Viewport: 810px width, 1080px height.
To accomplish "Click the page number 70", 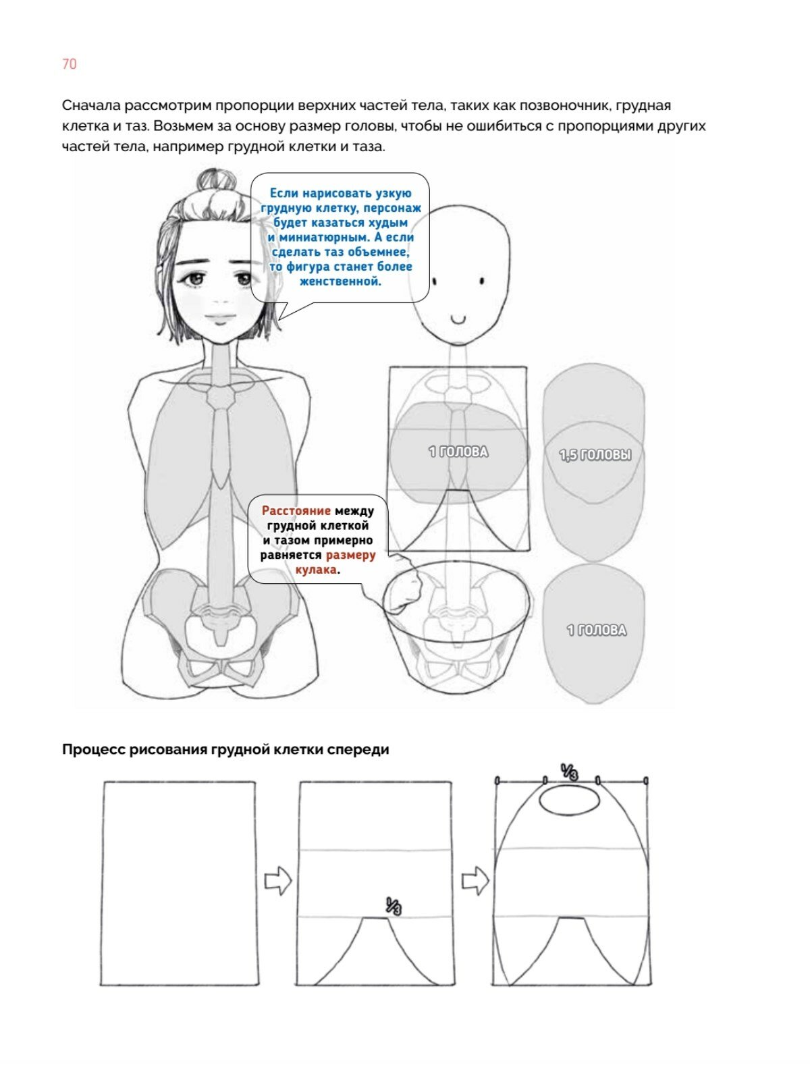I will click(69, 64).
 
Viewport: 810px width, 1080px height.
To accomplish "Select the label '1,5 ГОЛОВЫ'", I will click(595, 456).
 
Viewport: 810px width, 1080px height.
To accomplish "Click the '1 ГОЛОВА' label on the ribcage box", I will click(458, 452).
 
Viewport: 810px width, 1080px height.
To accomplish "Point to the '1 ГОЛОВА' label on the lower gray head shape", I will click(596, 630).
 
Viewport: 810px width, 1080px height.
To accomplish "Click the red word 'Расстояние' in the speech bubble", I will click(296, 511).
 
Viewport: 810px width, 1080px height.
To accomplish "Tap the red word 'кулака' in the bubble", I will click(316, 570).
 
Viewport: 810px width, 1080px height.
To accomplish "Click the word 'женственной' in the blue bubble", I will click(340, 281).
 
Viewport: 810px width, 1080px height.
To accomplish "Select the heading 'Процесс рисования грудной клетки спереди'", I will click(225, 749).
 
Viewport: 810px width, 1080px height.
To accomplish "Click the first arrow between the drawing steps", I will click(277, 881).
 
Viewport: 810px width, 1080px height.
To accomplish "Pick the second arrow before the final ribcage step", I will click(475, 881).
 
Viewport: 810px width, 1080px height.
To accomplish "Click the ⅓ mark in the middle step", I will click(394, 906).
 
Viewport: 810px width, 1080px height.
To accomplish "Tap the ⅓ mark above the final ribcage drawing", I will click(570, 771).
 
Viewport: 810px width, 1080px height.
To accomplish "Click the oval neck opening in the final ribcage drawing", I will click(570, 801).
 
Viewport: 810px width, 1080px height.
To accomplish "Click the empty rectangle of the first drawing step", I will click(180, 883).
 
